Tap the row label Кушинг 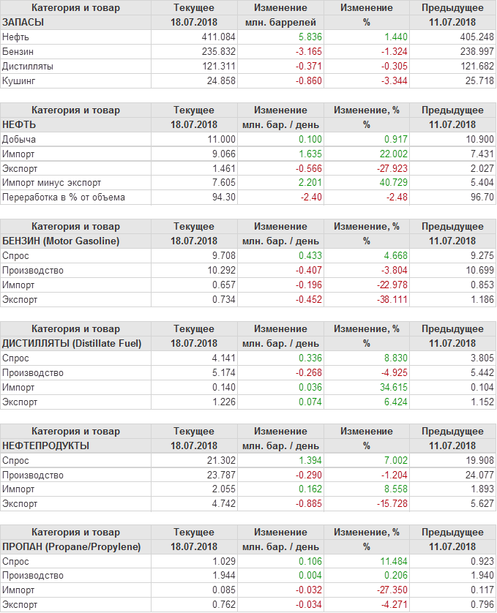tap(19, 80)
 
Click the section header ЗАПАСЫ tap(23, 22)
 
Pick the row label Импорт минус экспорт tap(52, 183)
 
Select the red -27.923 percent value tap(383, 168)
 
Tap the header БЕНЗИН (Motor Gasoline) tap(61, 241)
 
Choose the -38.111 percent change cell tap(383, 299)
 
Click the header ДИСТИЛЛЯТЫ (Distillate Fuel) tap(72, 343)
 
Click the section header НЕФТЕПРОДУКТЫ tap(46, 445)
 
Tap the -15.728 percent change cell tap(383, 503)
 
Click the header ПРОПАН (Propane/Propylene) tap(72, 547)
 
